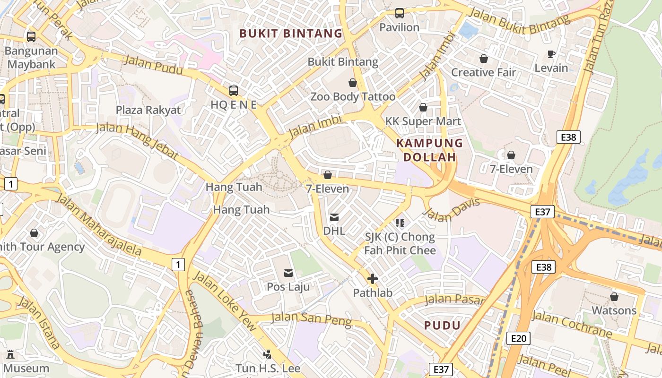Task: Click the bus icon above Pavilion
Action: [400, 13]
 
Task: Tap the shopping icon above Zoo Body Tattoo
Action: [353, 83]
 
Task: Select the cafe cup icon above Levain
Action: [551, 54]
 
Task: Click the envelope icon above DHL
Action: [334, 217]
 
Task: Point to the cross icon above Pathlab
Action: [373, 279]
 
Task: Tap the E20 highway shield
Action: [518, 338]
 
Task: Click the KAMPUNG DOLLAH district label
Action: [429, 150]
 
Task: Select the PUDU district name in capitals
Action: [442, 325]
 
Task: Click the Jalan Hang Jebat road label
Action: [137, 141]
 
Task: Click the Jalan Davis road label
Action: [451, 209]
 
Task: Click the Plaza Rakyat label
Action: [148, 110]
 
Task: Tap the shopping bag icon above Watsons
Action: [614, 297]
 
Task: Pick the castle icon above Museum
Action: [10, 354]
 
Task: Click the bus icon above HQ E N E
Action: [234, 90]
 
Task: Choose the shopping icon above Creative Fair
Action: [484, 59]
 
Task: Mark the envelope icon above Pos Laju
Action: [288, 273]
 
